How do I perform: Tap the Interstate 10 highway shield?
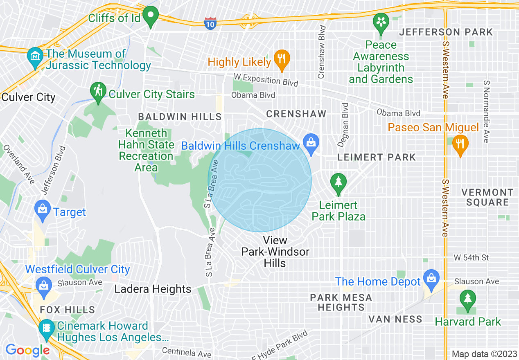(x=210, y=23)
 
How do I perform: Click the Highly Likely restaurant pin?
(x=281, y=59)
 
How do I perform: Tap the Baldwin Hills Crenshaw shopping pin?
(x=311, y=144)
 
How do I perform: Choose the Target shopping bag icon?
(x=43, y=209)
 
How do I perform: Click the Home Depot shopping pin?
(x=431, y=278)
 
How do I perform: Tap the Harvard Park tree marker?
(x=467, y=299)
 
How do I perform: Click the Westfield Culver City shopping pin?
(x=43, y=285)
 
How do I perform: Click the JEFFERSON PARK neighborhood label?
(x=446, y=32)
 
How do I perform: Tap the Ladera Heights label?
(x=153, y=289)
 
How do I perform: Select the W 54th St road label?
(x=471, y=258)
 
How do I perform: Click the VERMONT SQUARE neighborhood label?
(x=487, y=197)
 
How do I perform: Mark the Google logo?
(x=27, y=350)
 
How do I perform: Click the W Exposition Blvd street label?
(x=266, y=79)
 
